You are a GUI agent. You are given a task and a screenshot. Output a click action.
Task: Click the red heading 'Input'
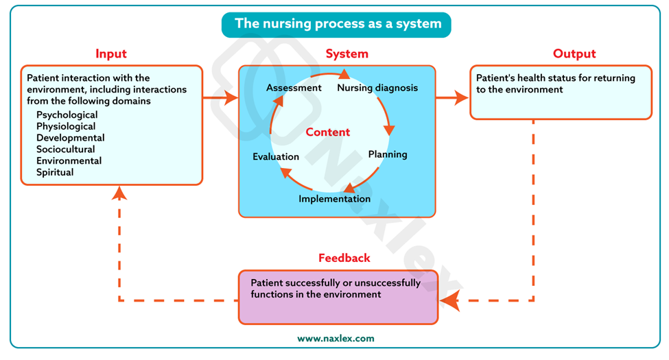(111, 54)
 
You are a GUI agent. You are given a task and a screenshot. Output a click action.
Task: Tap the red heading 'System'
(347, 54)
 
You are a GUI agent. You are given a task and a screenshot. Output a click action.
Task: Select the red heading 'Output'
(574, 54)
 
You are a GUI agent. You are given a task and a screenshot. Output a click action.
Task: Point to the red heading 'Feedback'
(344, 258)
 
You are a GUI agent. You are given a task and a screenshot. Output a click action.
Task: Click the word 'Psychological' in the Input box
(67, 115)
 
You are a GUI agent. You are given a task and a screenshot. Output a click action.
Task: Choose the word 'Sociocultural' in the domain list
(66, 149)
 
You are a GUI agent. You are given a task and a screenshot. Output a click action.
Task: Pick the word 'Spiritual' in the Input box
(55, 172)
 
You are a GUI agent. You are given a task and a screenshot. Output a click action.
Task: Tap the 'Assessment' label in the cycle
(294, 88)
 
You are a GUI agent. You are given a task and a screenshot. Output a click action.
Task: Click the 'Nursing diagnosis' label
(377, 88)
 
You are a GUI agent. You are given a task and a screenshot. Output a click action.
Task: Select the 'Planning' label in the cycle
(388, 154)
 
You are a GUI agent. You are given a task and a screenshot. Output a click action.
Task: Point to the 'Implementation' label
(334, 199)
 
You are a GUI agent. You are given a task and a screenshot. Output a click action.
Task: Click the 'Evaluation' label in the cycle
(276, 156)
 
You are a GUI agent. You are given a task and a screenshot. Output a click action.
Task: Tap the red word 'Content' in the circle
(328, 132)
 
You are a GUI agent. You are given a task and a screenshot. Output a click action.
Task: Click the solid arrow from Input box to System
(220, 98)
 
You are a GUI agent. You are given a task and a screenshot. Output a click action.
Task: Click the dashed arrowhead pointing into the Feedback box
(450, 300)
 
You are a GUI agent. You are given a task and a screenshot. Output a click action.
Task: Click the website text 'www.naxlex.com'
(336, 338)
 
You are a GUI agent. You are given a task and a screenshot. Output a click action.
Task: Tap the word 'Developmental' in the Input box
(71, 138)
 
